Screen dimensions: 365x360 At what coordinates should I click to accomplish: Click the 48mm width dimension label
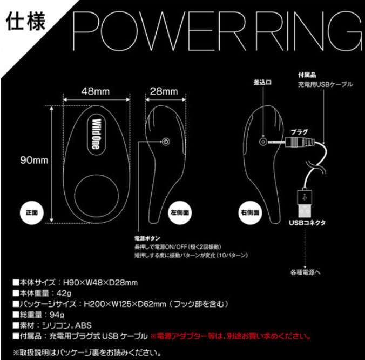click(x=96, y=91)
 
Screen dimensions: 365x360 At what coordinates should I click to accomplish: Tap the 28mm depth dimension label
click(x=164, y=91)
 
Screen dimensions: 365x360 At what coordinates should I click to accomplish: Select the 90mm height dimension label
click(x=34, y=161)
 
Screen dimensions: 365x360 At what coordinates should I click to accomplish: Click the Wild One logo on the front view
click(x=97, y=134)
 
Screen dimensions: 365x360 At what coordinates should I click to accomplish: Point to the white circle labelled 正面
click(x=32, y=212)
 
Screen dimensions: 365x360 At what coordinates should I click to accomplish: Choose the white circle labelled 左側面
click(x=180, y=212)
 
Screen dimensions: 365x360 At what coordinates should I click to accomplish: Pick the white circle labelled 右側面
click(x=250, y=212)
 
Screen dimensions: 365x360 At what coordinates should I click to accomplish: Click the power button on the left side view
click(x=166, y=142)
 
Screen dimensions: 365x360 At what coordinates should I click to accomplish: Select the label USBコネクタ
click(x=307, y=223)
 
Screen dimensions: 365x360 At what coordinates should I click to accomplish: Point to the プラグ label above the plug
click(x=299, y=132)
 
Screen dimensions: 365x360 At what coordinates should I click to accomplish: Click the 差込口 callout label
click(x=262, y=83)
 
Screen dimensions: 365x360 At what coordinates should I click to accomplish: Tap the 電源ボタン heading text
click(x=147, y=238)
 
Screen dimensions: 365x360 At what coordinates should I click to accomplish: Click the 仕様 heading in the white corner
click(x=25, y=22)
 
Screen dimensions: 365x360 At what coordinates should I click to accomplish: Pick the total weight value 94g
click(x=57, y=315)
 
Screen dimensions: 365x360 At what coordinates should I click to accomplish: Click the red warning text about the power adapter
click(x=231, y=336)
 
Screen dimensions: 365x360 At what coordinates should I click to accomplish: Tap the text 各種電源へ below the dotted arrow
click(x=306, y=272)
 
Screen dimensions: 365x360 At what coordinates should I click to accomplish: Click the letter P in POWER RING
click(x=86, y=31)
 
